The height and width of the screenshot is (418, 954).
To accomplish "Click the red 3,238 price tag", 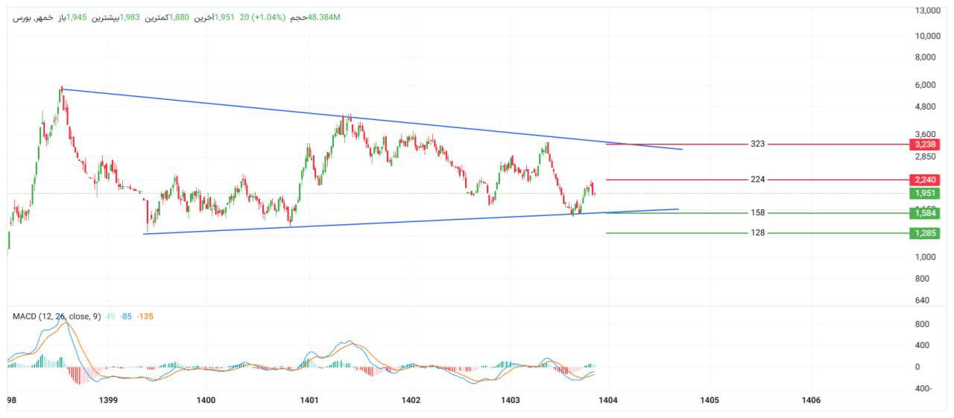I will pyautogui.click(x=923, y=144).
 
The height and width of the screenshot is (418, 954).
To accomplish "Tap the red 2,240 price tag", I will pyautogui.click(x=923, y=180).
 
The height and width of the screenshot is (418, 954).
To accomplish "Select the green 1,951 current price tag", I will pyautogui.click(x=923, y=194).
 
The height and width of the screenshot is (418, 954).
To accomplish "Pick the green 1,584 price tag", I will pyautogui.click(x=923, y=213).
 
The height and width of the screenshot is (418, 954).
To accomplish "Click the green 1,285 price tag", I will pyautogui.click(x=923, y=233).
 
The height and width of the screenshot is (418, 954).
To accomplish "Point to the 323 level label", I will pyautogui.click(x=758, y=144).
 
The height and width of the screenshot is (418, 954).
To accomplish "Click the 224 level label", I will pyautogui.click(x=758, y=180).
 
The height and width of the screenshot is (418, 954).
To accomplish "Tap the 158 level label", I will pyautogui.click(x=758, y=213).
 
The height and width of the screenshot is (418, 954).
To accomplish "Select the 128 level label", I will pyautogui.click(x=758, y=233).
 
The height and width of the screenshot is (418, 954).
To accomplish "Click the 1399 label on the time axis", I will pyautogui.click(x=108, y=401).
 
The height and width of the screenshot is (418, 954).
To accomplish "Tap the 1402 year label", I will pyautogui.click(x=411, y=401).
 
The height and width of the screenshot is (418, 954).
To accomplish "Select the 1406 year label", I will pyautogui.click(x=810, y=401).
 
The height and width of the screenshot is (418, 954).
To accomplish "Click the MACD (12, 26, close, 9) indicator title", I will pyautogui.click(x=56, y=317).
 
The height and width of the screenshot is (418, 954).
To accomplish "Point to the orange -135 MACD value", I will pyautogui.click(x=145, y=317).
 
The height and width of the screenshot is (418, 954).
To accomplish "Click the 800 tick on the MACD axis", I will pyautogui.click(x=921, y=324).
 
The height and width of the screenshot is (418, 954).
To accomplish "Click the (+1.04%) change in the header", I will pyautogui.click(x=270, y=17).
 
